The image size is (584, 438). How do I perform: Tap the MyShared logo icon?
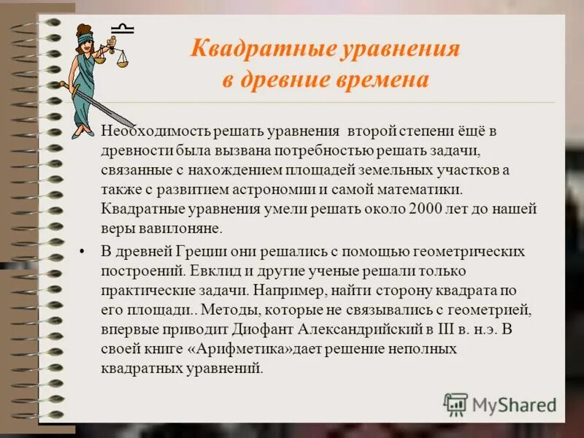click(456, 404)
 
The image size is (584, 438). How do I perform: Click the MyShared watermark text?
click(514, 404)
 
